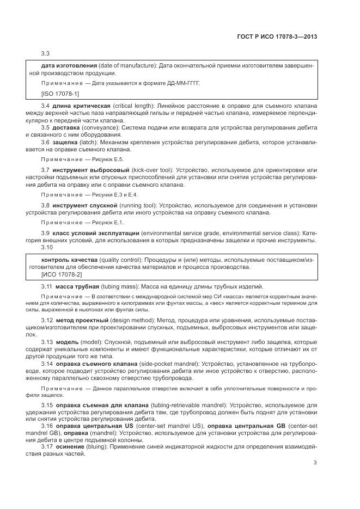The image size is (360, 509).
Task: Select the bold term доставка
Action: click(x=68, y=127)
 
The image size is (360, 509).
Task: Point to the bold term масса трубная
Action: click(x=77, y=286)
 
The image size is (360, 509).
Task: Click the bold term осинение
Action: click(x=70, y=446)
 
